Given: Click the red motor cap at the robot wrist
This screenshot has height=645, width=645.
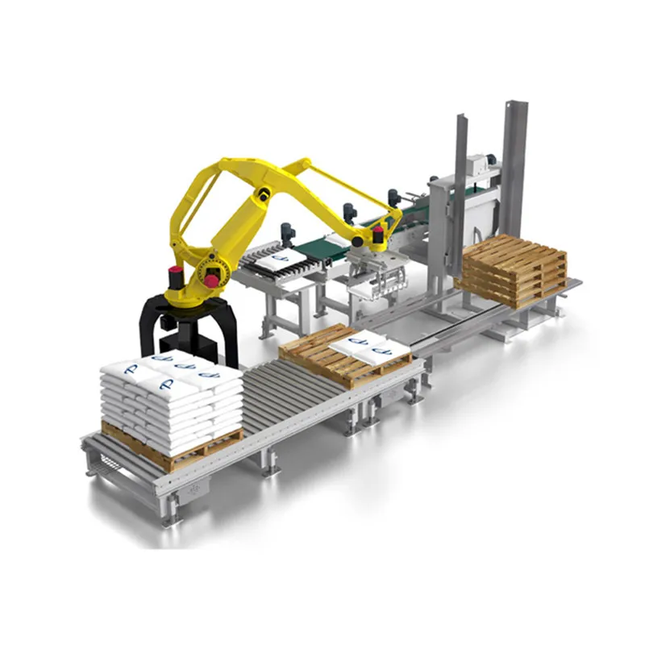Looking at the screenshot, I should [377, 235].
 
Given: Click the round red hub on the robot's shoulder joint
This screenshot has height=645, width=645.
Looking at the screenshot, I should [212, 280].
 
